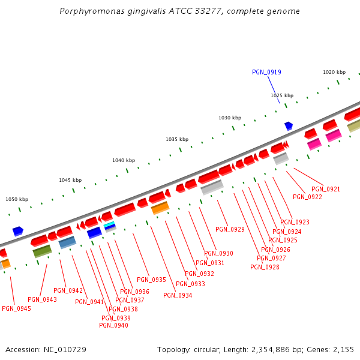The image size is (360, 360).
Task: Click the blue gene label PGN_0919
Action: (266, 72)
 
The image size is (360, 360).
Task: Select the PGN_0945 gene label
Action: (16, 308)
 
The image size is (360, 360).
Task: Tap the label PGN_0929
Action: (230, 229)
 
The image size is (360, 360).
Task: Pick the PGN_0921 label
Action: (326, 190)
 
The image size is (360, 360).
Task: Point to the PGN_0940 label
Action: (113, 325)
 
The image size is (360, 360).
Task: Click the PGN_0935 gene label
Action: (151, 280)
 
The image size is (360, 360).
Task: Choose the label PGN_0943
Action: (42, 299)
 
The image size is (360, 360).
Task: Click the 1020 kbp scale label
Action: (334, 72)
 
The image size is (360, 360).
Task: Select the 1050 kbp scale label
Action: (17, 199)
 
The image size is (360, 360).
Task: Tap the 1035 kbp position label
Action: (177, 139)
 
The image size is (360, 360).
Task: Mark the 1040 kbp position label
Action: (124, 160)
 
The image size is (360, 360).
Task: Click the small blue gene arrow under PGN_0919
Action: (289, 125)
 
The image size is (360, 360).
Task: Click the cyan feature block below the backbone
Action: (109, 224)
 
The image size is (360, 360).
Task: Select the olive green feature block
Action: (42, 250)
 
